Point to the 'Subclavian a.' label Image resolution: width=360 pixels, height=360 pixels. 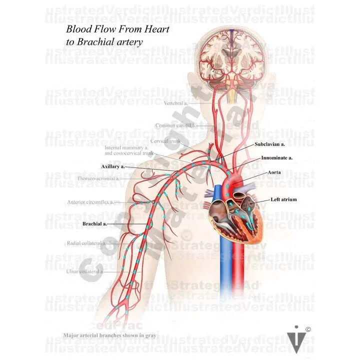269,144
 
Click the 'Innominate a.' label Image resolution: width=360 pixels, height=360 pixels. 276,158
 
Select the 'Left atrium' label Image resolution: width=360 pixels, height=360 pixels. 283,199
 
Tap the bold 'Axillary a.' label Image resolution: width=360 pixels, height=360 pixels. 112,165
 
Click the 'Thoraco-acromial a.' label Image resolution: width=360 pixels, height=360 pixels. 98,178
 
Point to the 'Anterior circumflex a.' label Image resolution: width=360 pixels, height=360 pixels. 90,202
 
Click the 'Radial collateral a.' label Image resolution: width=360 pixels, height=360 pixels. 85,243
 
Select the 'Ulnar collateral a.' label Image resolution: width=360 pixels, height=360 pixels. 84,271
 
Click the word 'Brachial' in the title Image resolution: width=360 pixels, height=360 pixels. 98,42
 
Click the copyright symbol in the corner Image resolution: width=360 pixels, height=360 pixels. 308,329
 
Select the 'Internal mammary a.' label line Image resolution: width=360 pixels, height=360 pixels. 125,148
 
